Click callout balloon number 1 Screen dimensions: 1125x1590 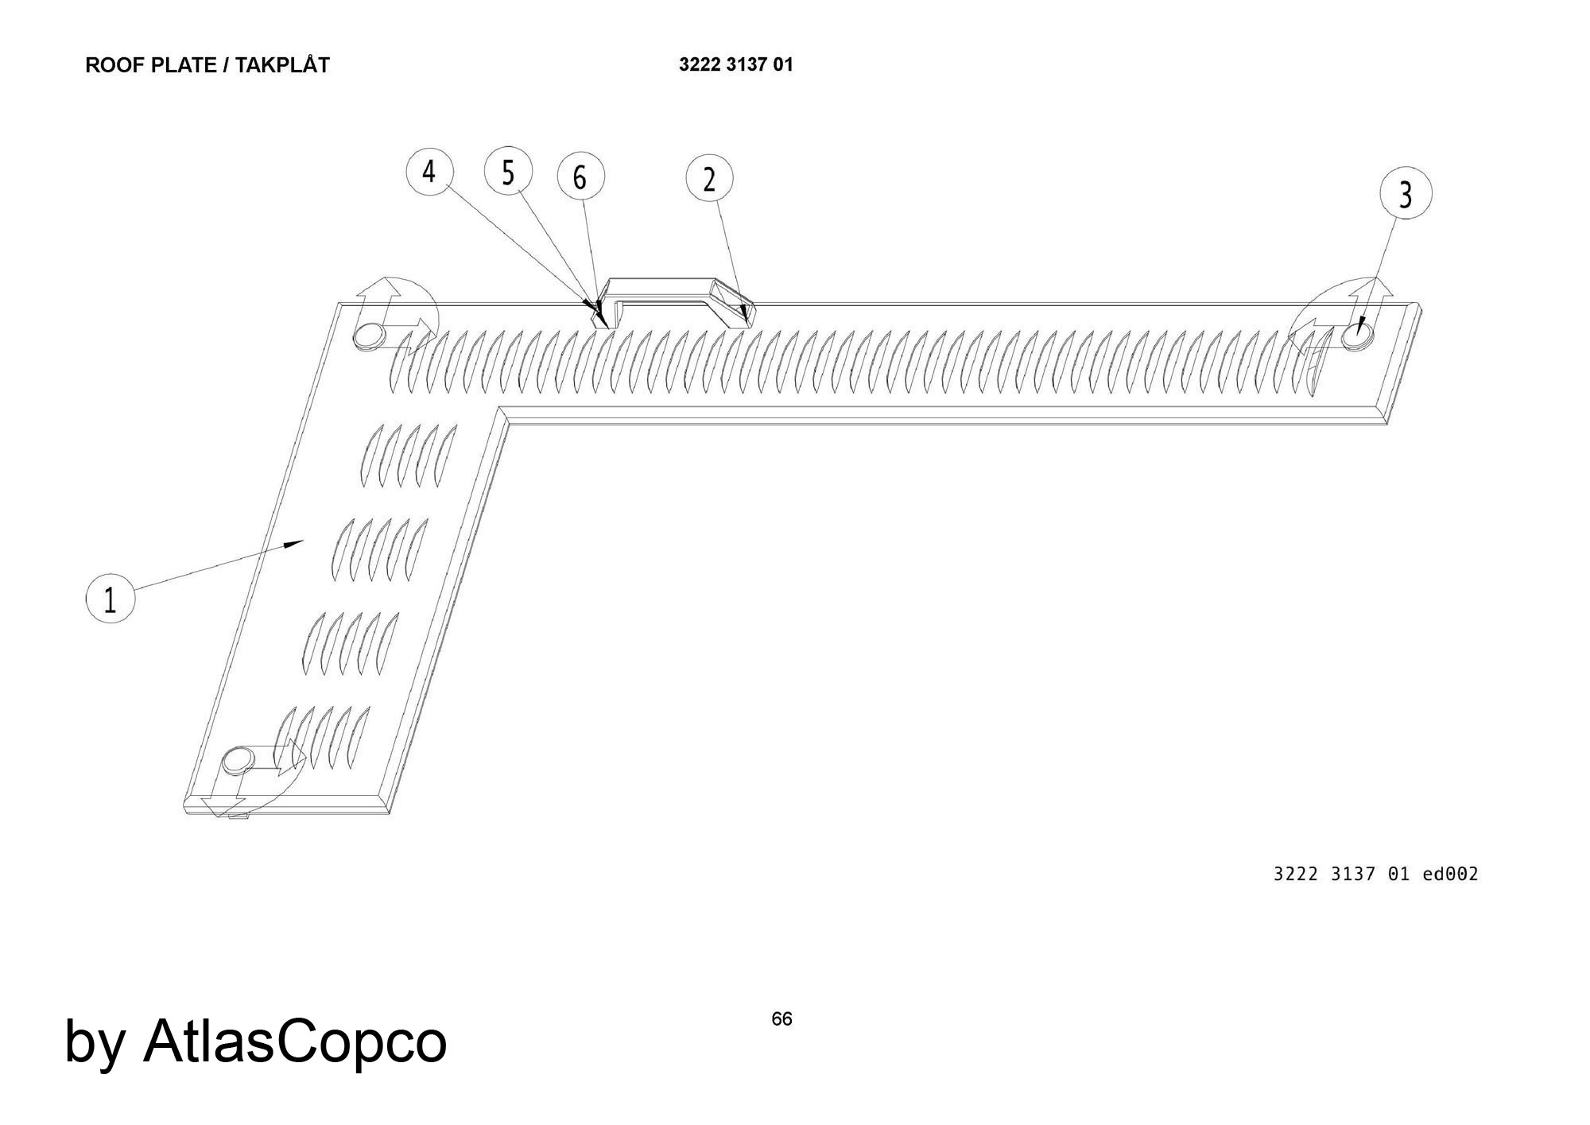point(110,599)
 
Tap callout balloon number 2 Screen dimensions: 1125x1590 point(709,179)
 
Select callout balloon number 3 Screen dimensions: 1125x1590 point(1405,193)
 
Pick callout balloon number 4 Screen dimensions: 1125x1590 point(429,171)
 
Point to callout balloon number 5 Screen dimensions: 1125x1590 point(508,170)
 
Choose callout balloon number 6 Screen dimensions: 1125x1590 point(580,177)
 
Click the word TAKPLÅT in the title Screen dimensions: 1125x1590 point(282,65)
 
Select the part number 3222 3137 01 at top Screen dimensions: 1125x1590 point(735,64)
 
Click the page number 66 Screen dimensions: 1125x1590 point(781,1018)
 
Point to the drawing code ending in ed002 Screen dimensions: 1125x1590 point(1375,874)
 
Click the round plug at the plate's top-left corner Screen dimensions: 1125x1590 point(368,336)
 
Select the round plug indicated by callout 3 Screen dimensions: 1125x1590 point(1356,337)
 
